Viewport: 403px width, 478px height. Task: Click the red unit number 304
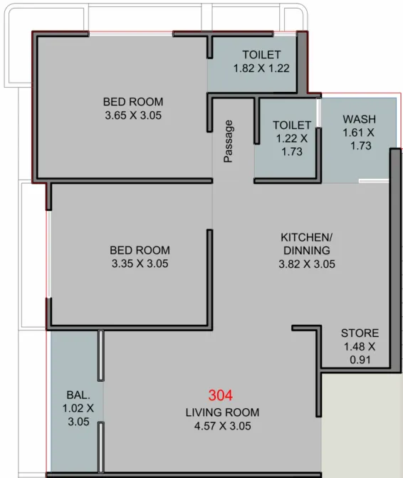tap(221, 395)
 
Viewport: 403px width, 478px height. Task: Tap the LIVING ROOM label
tap(222, 412)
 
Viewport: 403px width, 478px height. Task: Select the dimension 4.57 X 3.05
tap(223, 426)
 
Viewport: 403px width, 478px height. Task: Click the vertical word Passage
tap(229, 141)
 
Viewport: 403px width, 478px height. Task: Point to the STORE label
tap(360, 333)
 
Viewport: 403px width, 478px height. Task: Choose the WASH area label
tap(359, 119)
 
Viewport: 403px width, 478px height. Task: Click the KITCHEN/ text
tap(307, 237)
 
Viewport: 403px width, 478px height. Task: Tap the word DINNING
tap(307, 250)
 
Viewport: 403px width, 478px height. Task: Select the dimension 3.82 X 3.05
tap(307, 264)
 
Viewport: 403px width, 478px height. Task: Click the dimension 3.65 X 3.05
tap(133, 115)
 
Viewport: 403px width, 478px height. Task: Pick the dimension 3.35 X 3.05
tap(140, 264)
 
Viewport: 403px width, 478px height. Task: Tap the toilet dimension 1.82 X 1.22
tap(261, 68)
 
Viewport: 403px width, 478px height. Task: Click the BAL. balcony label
tap(78, 395)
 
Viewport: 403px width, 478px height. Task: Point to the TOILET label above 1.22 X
tap(292, 125)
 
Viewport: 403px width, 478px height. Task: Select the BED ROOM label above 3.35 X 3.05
tap(140, 250)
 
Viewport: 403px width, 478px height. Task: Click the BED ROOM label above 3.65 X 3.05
tap(133, 102)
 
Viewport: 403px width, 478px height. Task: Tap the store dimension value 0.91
tap(360, 360)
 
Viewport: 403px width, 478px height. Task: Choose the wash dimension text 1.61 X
tap(359, 133)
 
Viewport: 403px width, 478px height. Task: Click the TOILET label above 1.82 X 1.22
tap(261, 55)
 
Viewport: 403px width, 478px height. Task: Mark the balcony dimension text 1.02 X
tap(78, 408)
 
